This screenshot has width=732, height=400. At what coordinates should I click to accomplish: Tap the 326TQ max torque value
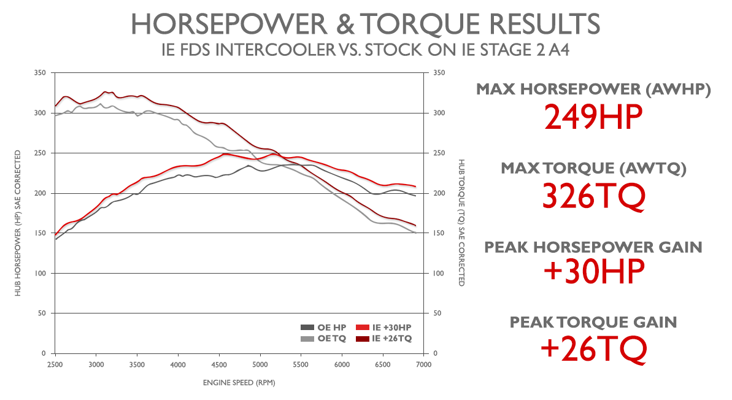pos(593,196)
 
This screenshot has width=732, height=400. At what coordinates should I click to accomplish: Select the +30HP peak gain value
pos(593,272)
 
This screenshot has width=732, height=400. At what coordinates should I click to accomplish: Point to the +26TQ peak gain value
pos(593,348)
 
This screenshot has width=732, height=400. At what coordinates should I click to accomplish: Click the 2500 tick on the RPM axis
pos(55,364)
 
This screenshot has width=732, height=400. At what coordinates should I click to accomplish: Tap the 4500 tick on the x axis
pos(219,364)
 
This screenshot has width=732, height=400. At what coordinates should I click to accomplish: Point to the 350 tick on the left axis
pos(42,73)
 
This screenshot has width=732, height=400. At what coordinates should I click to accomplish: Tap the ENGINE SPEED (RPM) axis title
pos(239,383)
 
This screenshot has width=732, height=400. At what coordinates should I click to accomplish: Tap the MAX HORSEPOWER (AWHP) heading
pos(593,90)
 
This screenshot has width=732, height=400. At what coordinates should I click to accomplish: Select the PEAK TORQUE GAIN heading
pos(593,321)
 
